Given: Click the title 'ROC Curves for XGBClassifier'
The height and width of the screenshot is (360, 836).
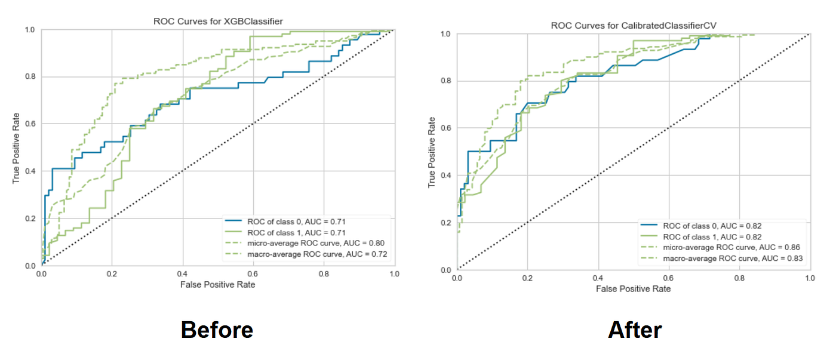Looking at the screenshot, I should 218,21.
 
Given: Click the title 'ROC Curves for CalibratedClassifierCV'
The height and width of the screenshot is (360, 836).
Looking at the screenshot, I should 634,26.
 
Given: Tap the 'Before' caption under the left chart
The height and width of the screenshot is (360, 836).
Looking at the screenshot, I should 217,330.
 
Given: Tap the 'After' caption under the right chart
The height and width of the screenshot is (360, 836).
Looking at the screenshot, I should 635,330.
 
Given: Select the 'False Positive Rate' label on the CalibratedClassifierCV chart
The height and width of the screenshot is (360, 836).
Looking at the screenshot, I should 633,289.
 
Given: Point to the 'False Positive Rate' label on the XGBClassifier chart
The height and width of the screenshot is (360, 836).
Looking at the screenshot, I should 218,285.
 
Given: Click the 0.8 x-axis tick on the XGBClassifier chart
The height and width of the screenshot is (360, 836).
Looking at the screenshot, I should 324,274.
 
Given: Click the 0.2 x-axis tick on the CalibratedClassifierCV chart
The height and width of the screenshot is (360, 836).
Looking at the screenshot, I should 527,278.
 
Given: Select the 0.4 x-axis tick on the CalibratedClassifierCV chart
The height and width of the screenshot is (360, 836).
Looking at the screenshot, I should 598,278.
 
